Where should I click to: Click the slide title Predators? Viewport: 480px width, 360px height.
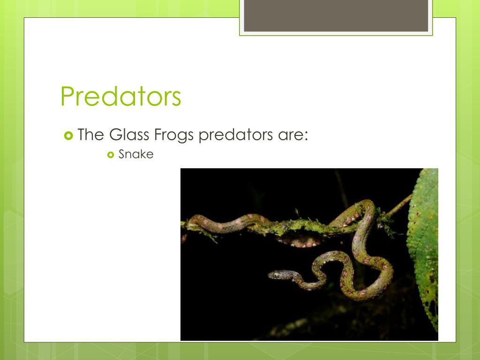(120, 97)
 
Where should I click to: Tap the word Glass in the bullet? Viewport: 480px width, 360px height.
(123, 135)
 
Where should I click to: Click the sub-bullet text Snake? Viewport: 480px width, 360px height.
(136, 154)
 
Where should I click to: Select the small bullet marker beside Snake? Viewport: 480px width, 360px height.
(111, 154)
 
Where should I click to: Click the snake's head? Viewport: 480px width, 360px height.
(277, 274)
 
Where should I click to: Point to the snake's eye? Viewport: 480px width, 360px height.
(276, 273)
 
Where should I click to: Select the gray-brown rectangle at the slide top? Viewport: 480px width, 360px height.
(336, 15)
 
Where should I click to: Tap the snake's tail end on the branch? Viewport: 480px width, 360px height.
(187, 223)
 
